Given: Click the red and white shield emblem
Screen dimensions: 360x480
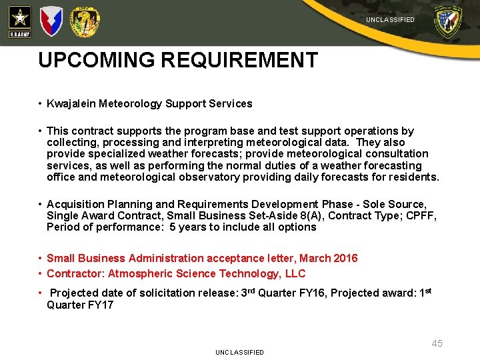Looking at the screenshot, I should coord(51,21).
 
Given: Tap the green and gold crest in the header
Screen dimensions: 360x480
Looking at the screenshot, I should coord(85,22).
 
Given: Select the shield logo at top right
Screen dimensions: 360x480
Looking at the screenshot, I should coord(447,22).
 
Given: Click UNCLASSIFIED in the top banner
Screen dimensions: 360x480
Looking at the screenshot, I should coord(390,20).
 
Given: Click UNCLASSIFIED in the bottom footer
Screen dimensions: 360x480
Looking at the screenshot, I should coord(239,352).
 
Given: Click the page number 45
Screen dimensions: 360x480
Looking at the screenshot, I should coord(437,343).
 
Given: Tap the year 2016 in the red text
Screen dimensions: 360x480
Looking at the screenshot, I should coord(345,258).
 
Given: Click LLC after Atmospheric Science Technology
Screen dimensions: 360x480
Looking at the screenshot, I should coord(294,273).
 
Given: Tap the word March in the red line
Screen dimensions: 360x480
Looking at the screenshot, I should coord(315,258).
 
